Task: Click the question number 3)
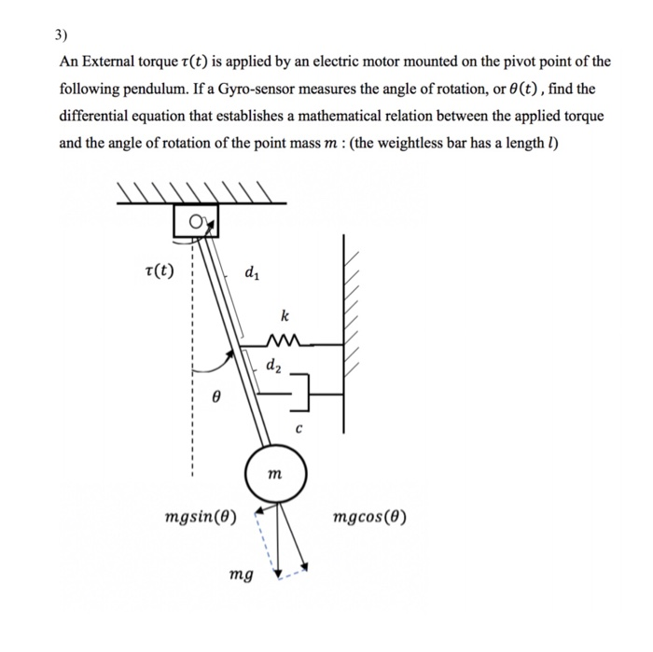[61, 37]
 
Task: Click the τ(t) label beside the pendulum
[161, 271]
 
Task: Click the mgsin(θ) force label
[201, 516]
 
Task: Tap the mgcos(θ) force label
[368, 516]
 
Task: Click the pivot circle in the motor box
[196, 221]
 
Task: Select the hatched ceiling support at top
[198, 193]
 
